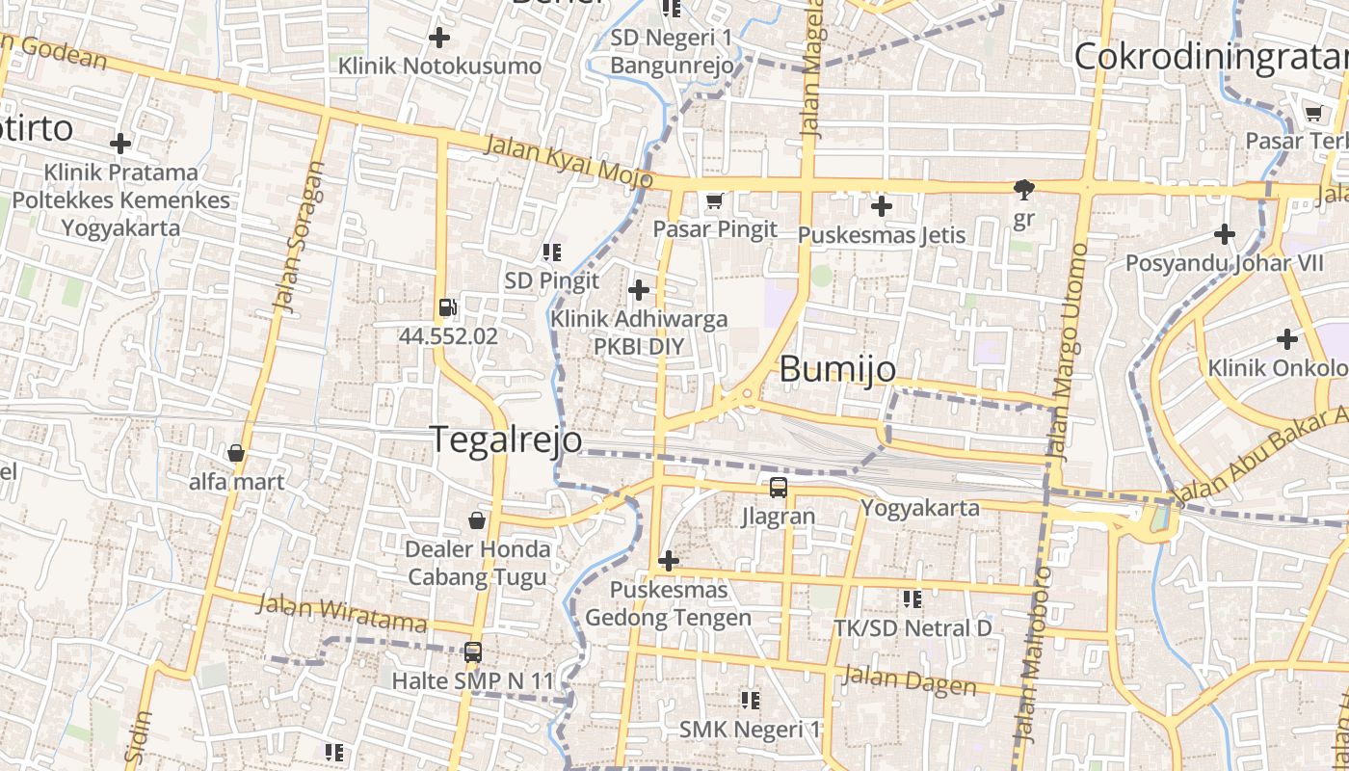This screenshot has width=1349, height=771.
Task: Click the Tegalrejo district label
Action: pos(506,439)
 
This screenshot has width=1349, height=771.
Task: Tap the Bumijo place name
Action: pos(837,369)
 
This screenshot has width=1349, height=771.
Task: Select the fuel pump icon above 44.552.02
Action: pos(448,308)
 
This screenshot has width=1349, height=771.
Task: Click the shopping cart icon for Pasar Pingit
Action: pos(714,200)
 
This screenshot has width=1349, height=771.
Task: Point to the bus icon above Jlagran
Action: pos(778,488)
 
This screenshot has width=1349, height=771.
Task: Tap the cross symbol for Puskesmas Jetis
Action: pos(882,205)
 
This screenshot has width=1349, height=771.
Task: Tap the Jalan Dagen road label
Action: pos(910,679)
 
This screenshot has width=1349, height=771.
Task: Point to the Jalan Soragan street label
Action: pos(299,236)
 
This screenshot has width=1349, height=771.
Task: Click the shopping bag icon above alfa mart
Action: pos(236,453)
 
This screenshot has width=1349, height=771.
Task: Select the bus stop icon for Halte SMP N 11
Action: pos(473,652)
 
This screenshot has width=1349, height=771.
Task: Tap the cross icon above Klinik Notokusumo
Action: pos(439,38)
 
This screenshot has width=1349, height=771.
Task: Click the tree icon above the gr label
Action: pos(1023,190)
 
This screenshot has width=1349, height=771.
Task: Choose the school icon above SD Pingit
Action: pos(552,253)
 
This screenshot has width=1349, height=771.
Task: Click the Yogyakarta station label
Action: pos(920,508)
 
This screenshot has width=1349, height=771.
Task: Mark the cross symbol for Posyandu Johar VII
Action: pos(1225,233)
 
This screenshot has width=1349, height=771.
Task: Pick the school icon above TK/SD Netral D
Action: pos(913,599)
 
